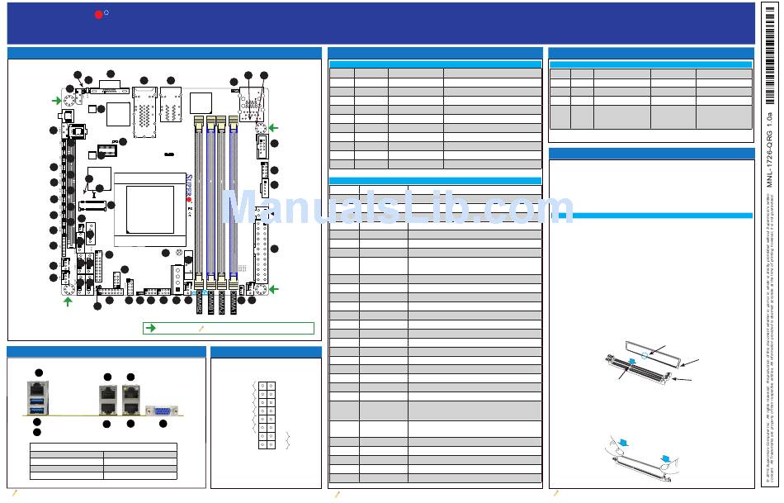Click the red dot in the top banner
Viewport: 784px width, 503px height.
98,14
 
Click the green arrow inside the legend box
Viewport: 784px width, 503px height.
150,328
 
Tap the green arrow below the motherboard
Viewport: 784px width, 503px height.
68,301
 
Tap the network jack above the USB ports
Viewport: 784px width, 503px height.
36,387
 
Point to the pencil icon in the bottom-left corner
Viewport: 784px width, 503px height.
13,494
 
